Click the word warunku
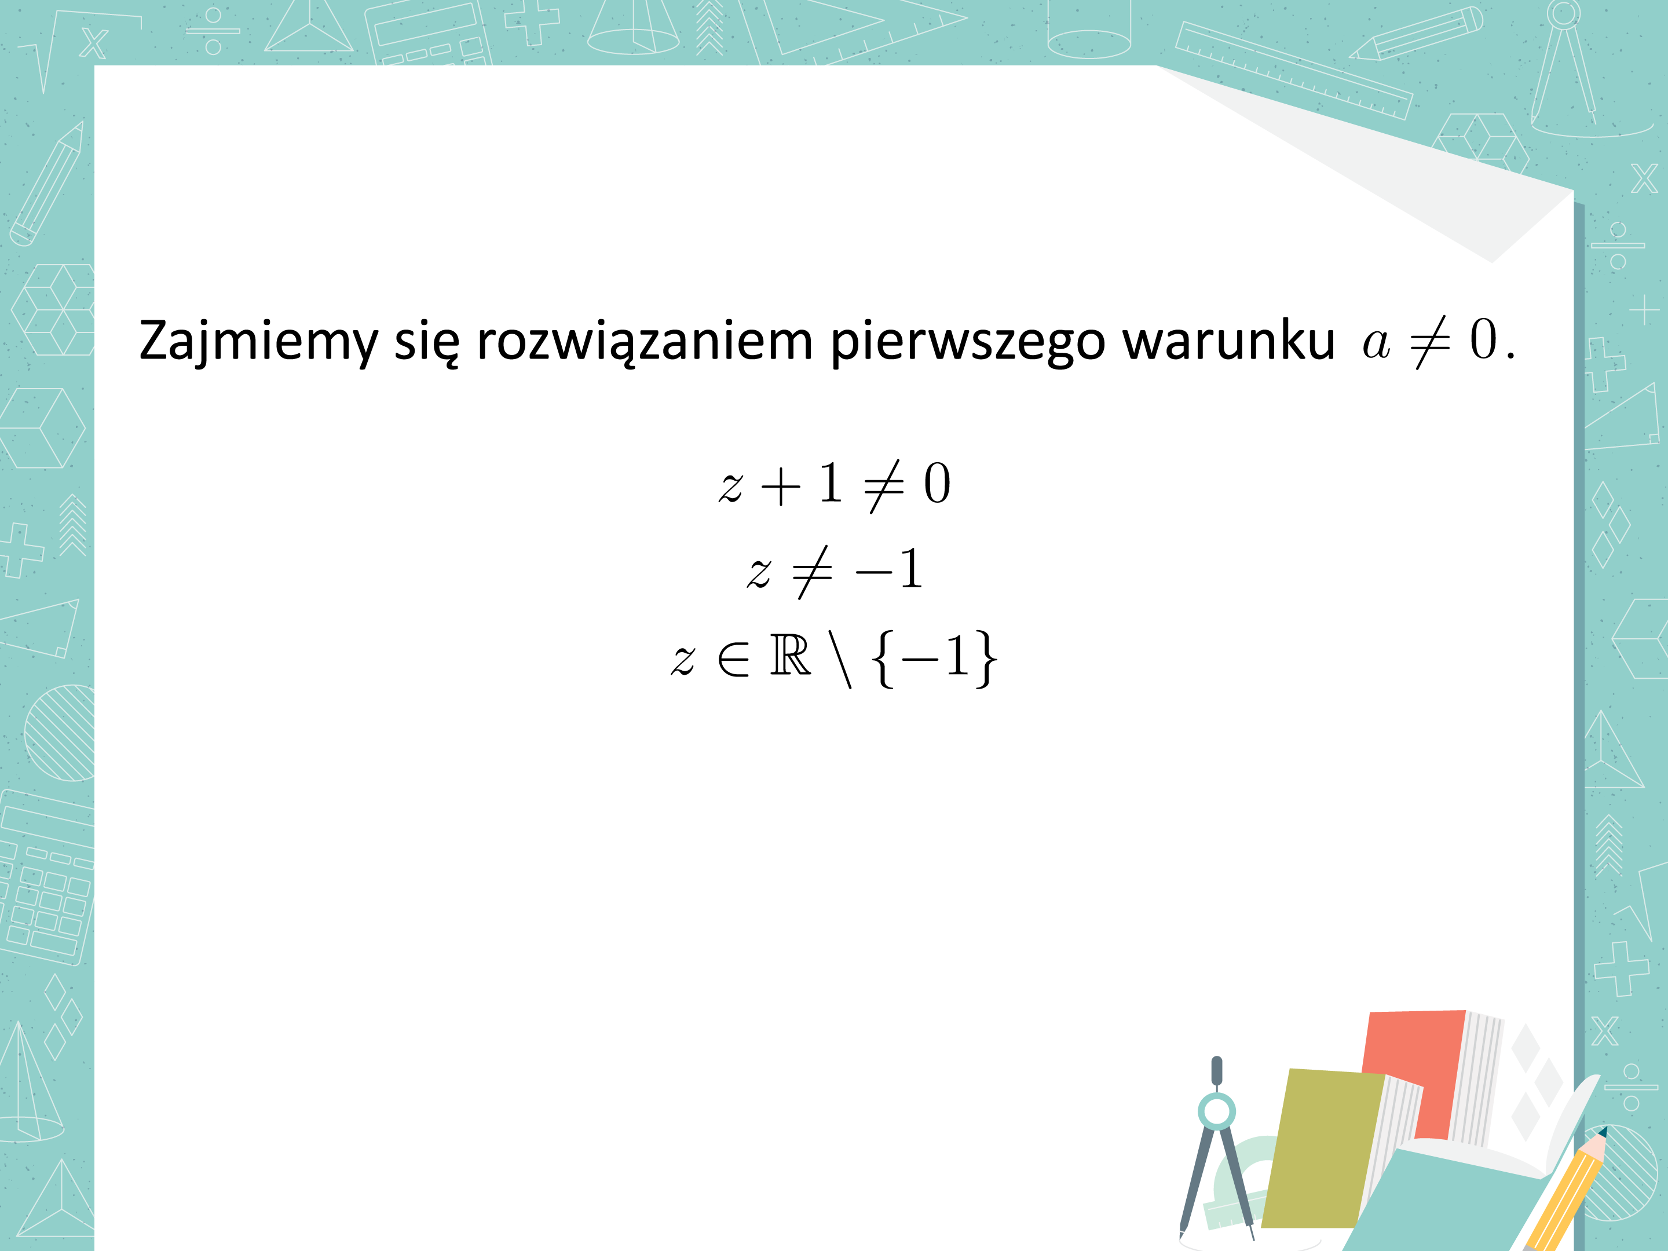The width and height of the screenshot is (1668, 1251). (1228, 341)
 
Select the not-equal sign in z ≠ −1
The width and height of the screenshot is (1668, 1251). (812, 572)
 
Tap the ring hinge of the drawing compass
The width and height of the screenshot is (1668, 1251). (1216, 1111)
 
